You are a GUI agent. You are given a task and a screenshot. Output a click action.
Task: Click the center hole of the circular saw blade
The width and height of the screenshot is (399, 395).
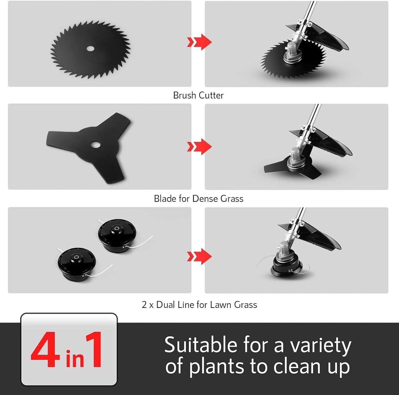pos(90,49)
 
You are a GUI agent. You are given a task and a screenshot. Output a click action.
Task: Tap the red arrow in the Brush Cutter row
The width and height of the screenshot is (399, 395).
pos(199,42)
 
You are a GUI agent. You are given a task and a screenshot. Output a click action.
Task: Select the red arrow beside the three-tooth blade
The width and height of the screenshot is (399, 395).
pos(199,147)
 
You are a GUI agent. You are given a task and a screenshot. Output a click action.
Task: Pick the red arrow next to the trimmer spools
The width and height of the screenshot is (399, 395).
pos(199,257)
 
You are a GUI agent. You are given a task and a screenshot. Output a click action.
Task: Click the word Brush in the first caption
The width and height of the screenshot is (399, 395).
pos(184,95)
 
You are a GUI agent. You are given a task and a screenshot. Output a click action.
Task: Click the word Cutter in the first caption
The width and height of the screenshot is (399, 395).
pos(211,95)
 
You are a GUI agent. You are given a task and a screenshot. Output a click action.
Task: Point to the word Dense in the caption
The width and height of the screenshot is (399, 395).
pos(205,199)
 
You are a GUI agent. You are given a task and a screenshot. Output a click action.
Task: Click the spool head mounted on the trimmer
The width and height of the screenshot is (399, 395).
pos(287,267)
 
